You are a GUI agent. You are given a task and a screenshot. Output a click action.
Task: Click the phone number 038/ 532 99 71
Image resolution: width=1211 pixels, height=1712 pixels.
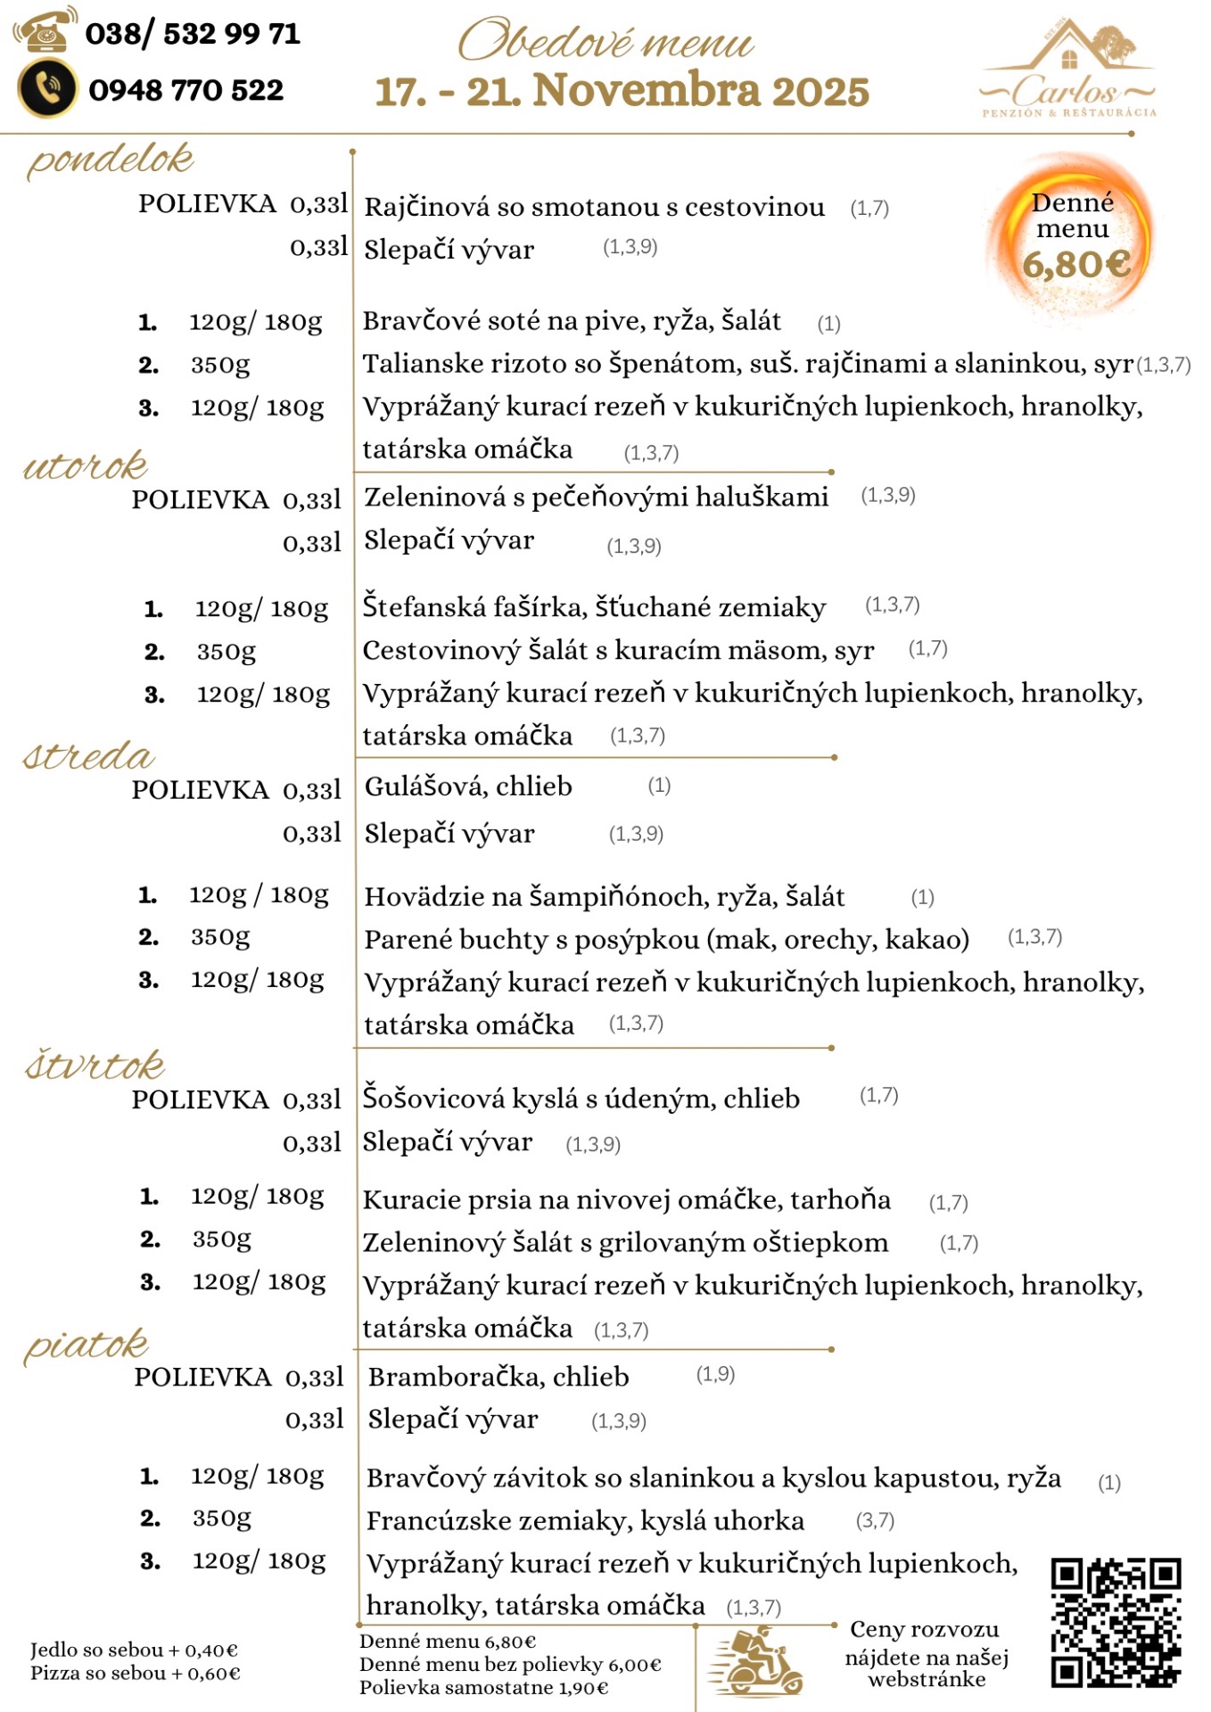193,34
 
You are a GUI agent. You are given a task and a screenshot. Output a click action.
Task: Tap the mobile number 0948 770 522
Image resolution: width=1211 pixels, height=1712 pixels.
185,90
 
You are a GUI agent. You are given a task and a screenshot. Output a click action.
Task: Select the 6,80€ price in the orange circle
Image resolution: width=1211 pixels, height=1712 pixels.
1075,264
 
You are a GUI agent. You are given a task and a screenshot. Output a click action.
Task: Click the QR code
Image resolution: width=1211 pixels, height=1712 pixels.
1116,1622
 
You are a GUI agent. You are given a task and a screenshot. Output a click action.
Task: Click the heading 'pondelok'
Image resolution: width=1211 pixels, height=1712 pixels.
110,160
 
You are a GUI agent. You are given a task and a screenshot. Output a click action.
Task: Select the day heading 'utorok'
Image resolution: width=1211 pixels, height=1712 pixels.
86,465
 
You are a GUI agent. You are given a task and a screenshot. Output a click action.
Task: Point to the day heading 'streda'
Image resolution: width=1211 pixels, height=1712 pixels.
88,756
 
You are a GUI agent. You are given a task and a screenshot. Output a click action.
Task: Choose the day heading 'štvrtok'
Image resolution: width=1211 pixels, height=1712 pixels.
95,1065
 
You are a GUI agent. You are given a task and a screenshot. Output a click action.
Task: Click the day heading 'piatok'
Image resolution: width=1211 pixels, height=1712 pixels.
86,1345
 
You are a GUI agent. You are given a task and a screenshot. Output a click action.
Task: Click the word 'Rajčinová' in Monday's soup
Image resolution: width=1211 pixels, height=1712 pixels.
426,207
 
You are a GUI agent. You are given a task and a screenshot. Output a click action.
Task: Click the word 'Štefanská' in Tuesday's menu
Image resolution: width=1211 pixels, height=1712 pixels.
418,606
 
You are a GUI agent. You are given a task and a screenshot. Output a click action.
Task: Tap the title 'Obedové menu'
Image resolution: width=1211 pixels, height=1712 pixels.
606,41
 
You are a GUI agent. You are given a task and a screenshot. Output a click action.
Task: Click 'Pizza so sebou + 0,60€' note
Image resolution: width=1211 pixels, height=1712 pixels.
135,1674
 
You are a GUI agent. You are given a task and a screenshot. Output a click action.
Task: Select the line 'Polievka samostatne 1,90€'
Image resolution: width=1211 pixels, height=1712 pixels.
483,1688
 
